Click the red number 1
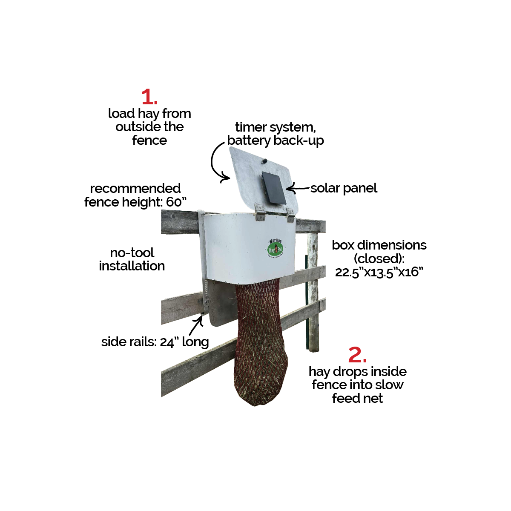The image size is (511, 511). pos(148,97)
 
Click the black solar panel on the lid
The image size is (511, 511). pos(274,188)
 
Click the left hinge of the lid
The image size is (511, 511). pos(259,212)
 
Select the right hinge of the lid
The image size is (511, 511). pos(291,214)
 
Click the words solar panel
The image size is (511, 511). pos(344,188)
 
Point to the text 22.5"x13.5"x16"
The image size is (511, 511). pos(379,272)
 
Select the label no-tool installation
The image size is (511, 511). pos(132,259)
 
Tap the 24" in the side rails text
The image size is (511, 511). pos(169,342)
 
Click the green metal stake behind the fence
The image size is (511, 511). pos(306,307)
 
